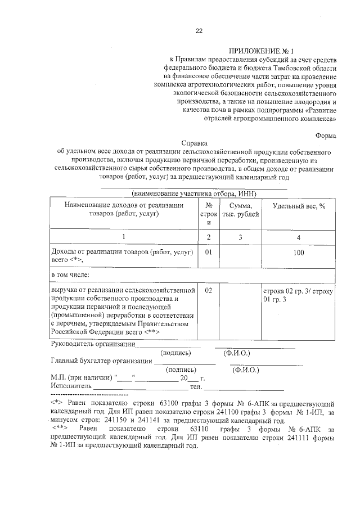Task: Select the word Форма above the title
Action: (326, 134)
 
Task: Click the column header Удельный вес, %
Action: (299, 206)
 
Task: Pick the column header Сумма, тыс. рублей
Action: (240, 210)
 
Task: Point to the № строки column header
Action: (208, 214)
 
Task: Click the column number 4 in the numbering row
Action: (299, 237)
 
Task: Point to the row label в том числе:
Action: (70, 274)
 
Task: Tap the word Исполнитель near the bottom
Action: (70, 387)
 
